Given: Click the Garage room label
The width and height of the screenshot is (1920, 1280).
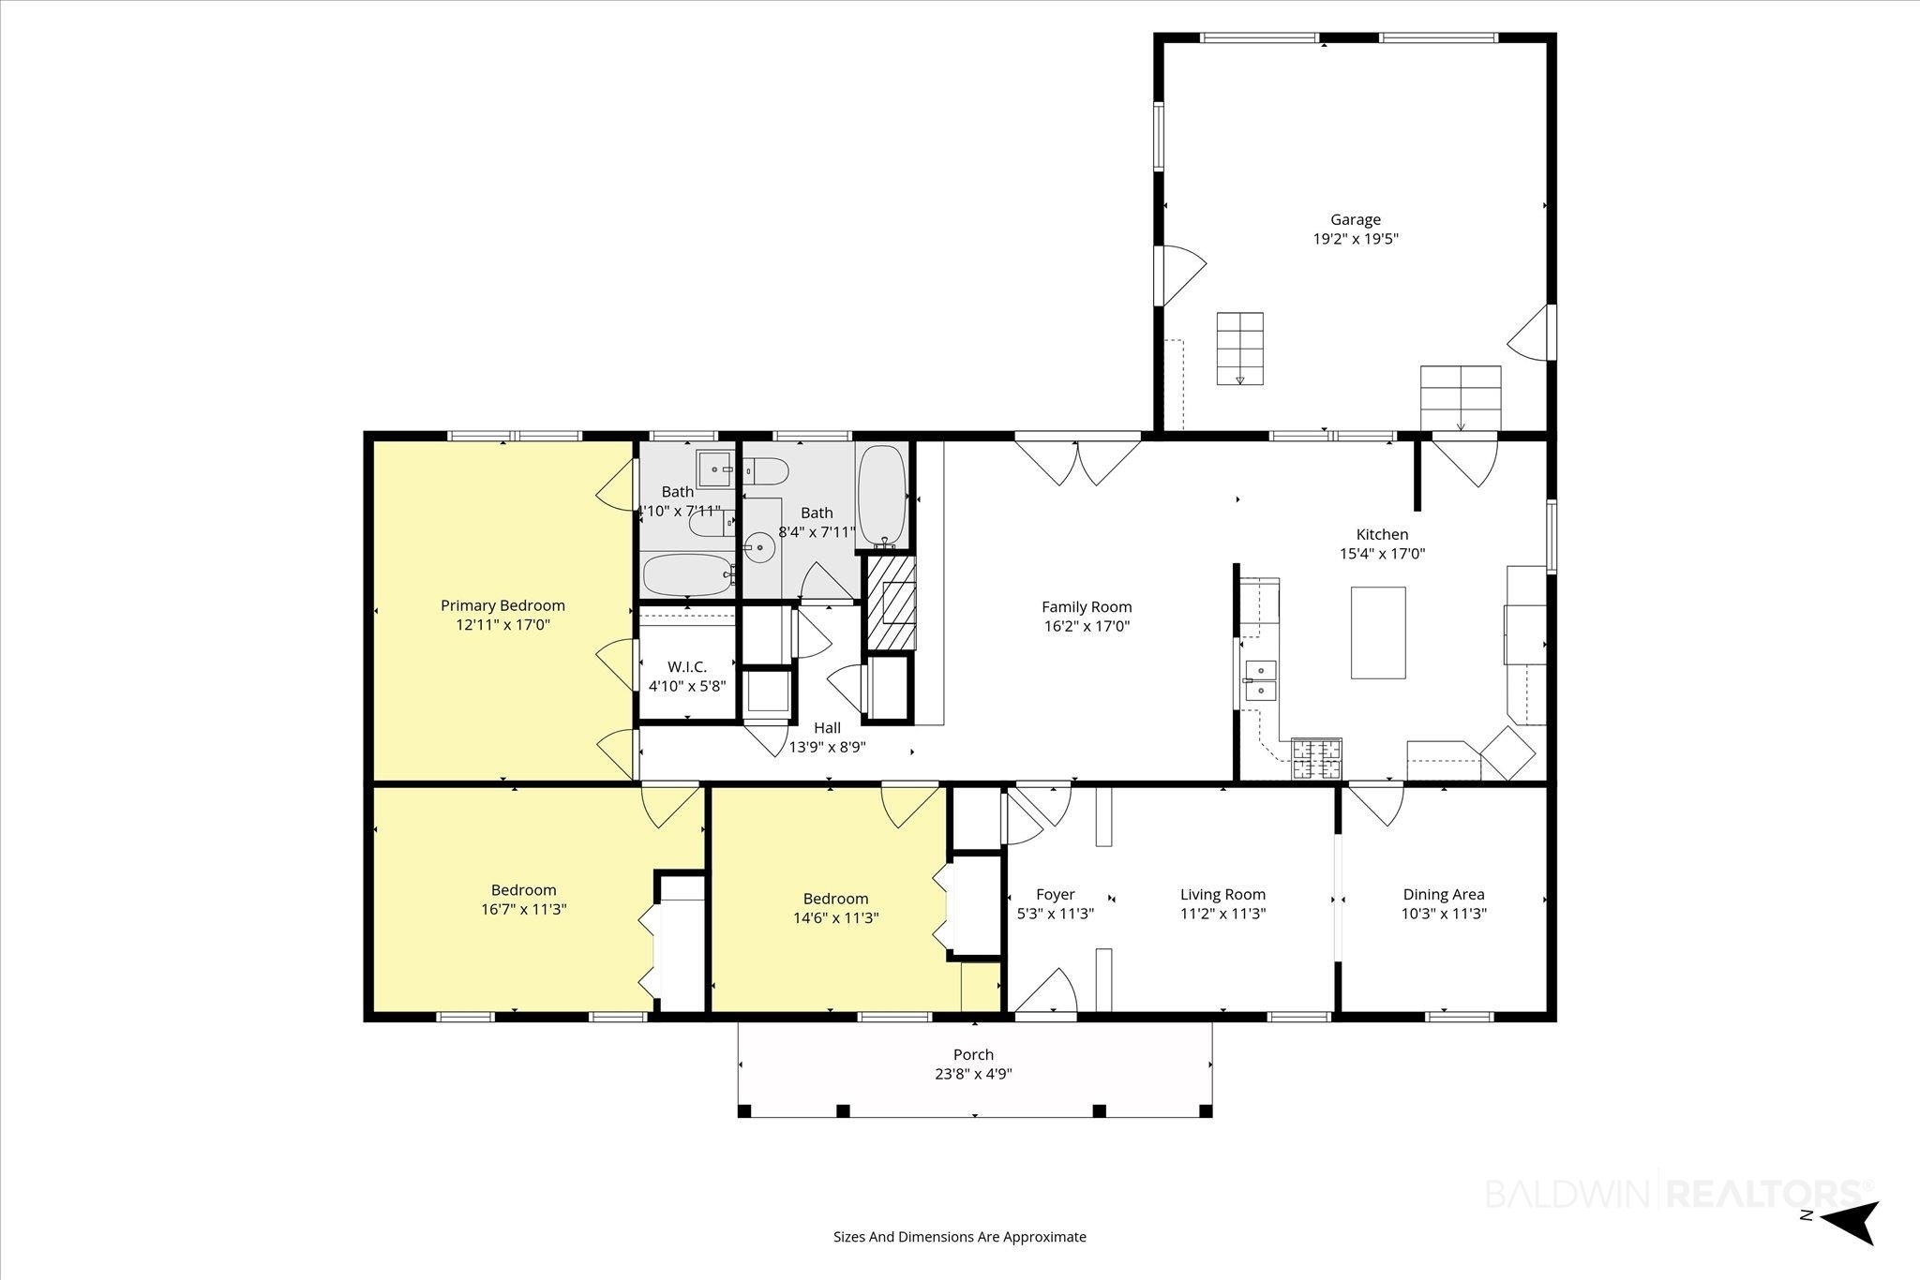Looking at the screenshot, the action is click(1356, 220).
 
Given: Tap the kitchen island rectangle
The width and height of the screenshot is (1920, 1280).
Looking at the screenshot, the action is click(1378, 633).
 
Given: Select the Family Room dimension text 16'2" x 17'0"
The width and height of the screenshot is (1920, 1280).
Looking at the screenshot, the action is click(1087, 626).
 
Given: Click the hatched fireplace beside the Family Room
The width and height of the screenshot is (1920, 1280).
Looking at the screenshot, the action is click(890, 603).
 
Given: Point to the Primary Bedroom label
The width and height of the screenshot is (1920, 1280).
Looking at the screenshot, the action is click(503, 605).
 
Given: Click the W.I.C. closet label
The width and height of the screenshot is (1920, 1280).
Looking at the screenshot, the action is click(687, 666).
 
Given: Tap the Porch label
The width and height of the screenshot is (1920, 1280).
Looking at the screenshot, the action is click(974, 1054).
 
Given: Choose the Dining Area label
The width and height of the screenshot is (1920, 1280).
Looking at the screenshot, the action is click(1444, 895).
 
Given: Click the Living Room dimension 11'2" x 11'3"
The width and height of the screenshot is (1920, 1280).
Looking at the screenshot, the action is click(1222, 914).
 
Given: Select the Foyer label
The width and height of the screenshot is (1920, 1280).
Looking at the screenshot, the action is click(1056, 895).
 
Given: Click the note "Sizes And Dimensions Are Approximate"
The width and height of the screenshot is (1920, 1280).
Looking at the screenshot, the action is click(960, 1237).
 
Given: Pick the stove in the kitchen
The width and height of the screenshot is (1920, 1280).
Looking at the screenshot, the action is click(1317, 759).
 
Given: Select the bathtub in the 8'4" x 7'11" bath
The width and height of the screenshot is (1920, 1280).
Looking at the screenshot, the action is click(882, 496).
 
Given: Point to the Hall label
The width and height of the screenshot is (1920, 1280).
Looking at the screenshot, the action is click(827, 728).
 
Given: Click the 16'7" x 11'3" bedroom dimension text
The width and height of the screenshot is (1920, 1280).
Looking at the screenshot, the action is click(524, 909).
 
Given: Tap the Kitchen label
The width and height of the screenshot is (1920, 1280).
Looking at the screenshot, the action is click(1383, 535).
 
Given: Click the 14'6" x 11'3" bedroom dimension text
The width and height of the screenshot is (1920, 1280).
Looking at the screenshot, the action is click(835, 918).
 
